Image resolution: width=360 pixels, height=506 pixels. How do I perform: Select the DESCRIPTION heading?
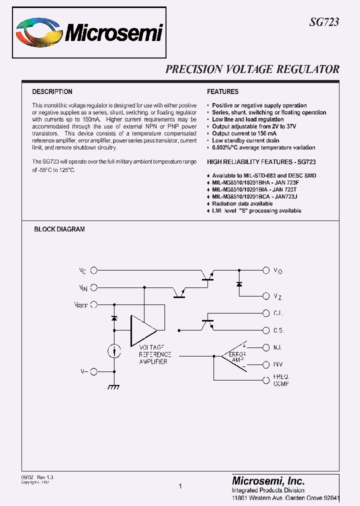tap(52, 92)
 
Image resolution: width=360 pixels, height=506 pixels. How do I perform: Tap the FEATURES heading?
tap(222, 92)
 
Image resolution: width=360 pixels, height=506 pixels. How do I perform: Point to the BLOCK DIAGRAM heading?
tap(59, 229)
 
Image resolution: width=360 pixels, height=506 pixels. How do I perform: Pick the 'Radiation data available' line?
tap(242, 204)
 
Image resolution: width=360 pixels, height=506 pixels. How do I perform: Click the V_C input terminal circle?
tap(93, 270)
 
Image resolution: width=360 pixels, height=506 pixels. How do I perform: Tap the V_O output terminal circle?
tap(266, 270)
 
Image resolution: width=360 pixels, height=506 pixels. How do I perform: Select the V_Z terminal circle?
tap(266, 296)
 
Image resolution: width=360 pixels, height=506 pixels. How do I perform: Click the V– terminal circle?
tap(93, 371)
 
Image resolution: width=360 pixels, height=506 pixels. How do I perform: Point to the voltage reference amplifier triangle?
tap(143, 330)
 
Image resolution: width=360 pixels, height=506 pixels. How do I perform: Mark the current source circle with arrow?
tap(114, 351)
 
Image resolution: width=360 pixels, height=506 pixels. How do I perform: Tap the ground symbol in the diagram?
tap(114, 387)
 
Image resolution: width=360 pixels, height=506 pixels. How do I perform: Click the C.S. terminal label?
tap(278, 330)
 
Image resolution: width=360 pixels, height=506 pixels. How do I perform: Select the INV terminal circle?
tap(266, 364)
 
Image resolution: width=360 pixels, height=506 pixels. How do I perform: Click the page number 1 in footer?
tap(180, 486)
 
